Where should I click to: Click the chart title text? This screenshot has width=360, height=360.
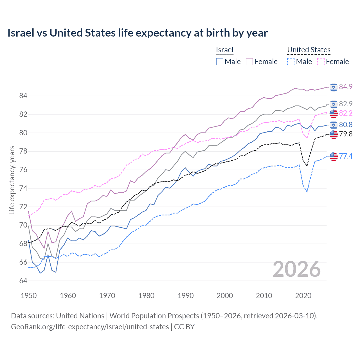pyautogui.click(x=138, y=33)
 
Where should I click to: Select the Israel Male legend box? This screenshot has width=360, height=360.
pyautogui.click(x=220, y=62)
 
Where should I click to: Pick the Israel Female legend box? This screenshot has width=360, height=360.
pyautogui.click(x=249, y=62)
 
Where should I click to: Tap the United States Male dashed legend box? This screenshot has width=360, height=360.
pyautogui.click(x=291, y=62)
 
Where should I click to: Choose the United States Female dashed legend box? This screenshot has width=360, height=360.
pyautogui.click(x=321, y=62)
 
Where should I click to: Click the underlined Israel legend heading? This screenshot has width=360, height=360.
pyautogui.click(x=225, y=50)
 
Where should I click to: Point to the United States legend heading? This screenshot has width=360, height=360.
pyautogui.click(x=309, y=50)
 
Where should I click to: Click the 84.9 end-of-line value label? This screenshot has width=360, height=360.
pyautogui.click(x=346, y=87)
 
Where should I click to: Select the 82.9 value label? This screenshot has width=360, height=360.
pyautogui.click(x=346, y=104)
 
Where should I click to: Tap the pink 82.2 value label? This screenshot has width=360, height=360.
pyautogui.click(x=346, y=113)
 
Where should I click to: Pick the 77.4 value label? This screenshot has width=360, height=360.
pyautogui.click(x=346, y=156)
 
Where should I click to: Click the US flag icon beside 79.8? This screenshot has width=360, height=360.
pyautogui.click(x=334, y=134)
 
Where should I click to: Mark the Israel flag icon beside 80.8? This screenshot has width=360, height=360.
pyautogui.click(x=334, y=125)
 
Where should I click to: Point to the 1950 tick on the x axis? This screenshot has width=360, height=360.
pyautogui.click(x=29, y=296)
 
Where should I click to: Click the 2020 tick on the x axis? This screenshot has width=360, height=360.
pyautogui.click(x=303, y=296)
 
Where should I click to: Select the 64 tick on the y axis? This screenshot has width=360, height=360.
pyautogui.click(x=23, y=281)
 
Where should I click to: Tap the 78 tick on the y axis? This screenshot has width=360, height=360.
pyautogui.click(x=23, y=151)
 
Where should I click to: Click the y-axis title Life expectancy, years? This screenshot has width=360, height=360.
pyautogui.click(x=12, y=180)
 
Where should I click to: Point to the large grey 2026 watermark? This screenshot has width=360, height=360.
pyautogui.click(x=297, y=269)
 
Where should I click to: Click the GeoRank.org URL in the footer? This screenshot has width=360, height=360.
pyautogui.click(x=90, y=327)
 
